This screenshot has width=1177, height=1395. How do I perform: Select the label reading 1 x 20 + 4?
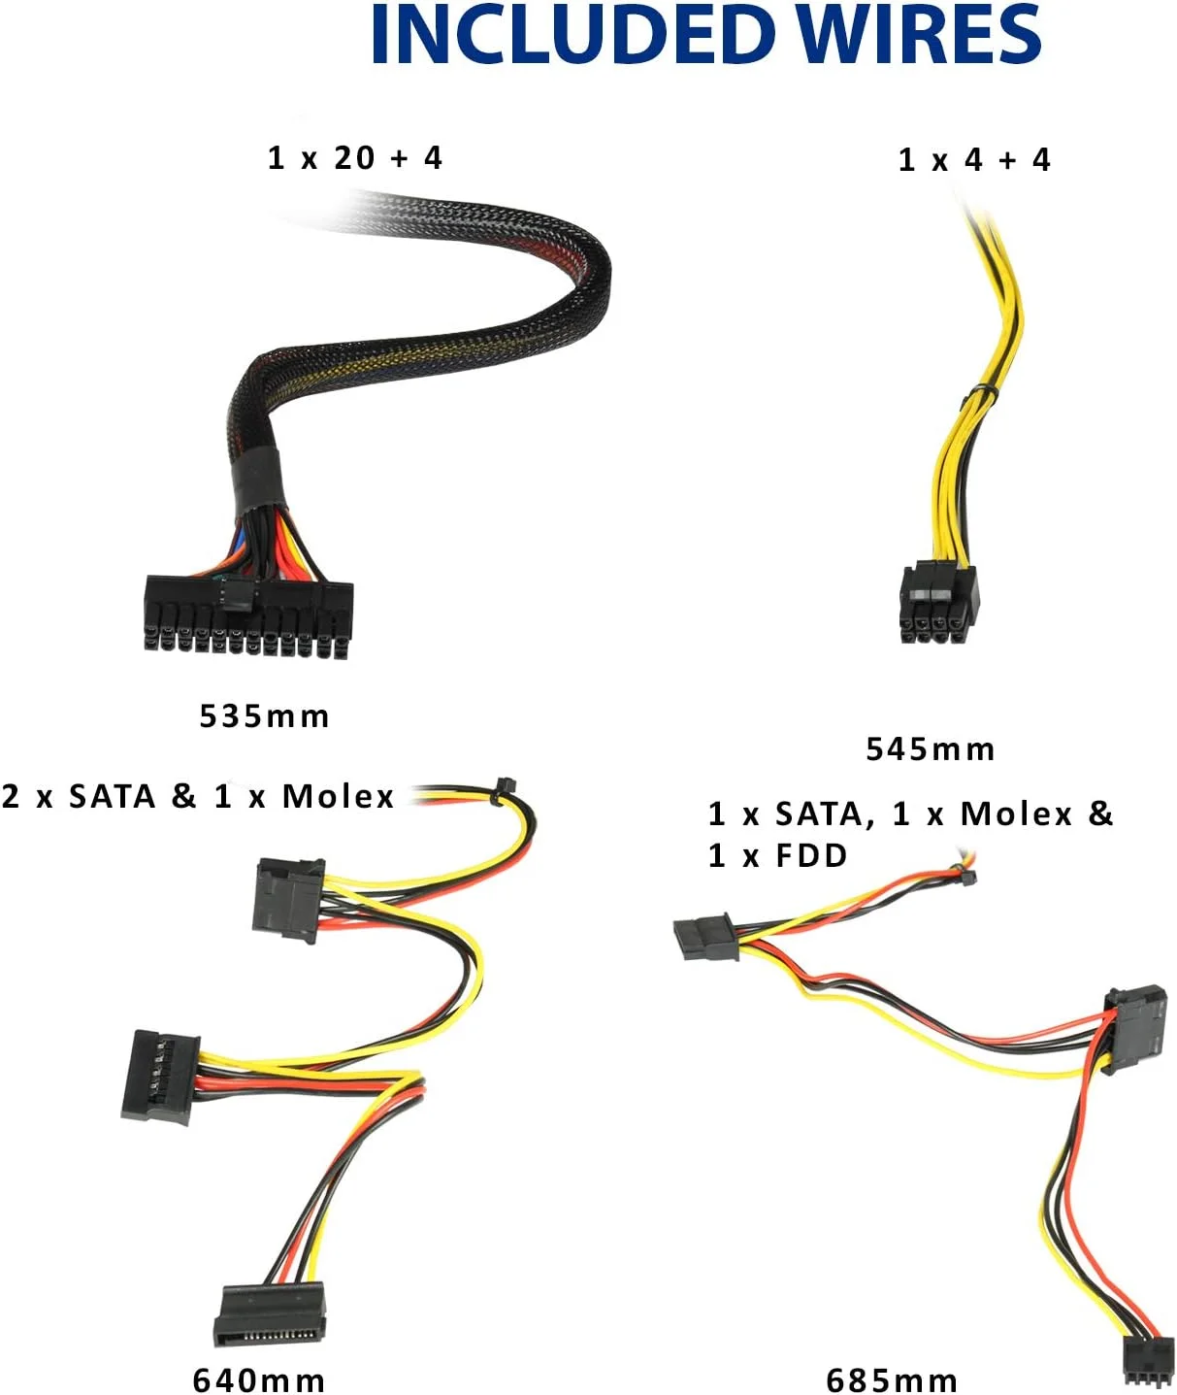click(x=355, y=158)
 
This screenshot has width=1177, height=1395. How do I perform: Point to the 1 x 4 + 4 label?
click(x=974, y=160)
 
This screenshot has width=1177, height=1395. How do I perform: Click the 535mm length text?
click(x=265, y=716)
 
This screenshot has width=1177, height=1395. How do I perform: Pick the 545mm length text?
click(x=931, y=748)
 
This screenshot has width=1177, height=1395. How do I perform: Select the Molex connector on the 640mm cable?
click(x=288, y=900)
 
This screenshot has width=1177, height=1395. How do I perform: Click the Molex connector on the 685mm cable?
click(x=1134, y=1031)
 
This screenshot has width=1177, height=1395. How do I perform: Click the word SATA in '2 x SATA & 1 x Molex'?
click(x=113, y=796)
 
